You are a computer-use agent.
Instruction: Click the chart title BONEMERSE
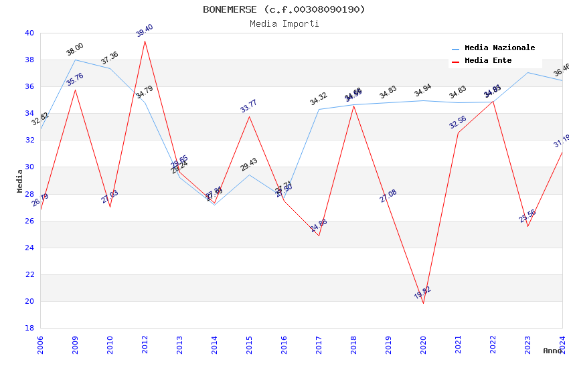tap(284, 9)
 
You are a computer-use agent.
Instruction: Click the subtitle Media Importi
tap(284, 23)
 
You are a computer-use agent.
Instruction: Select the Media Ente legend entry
tap(488, 61)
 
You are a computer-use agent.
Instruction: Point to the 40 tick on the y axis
tap(29, 33)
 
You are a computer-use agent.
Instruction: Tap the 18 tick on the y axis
tap(29, 328)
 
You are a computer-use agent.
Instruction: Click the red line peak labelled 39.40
tap(145, 41)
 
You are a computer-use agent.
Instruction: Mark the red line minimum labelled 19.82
tap(423, 303)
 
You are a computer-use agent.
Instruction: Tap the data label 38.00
tap(75, 49)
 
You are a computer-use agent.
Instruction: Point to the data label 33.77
tap(249, 106)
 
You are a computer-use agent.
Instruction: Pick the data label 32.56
tap(458, 121)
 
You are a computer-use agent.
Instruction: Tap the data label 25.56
tap(527, 216)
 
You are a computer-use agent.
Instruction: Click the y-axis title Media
tap(20, 181)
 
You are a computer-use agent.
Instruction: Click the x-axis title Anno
tap(552, 351)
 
